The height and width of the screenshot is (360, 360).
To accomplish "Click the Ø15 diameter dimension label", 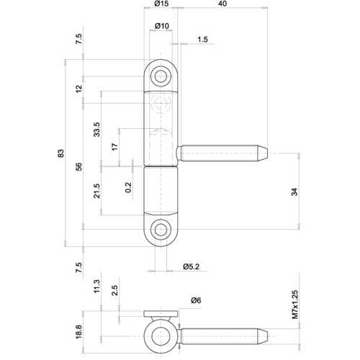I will (161, 5).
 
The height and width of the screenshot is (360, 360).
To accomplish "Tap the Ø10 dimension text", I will (161, 27).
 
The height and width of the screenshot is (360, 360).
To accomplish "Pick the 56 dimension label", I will (79, 167).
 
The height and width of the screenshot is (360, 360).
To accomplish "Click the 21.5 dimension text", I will (96, 192).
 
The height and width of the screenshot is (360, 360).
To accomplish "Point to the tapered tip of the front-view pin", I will (266, 153).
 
